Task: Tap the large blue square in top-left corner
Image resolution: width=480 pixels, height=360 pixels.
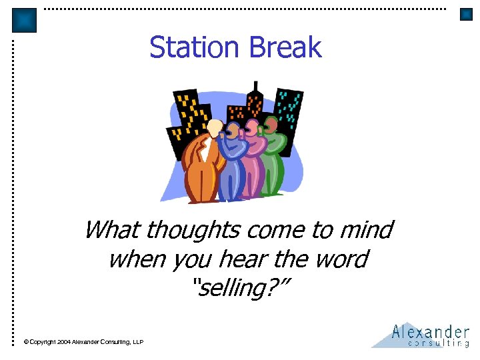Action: click(x=25, y=21)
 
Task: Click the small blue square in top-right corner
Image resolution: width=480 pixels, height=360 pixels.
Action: click(x=466, y=15)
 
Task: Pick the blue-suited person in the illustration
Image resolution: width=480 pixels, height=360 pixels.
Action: click(x=231, y=167)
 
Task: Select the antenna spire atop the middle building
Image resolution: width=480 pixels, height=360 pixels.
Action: click(x=254, y=87)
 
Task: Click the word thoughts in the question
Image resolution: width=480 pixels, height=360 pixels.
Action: click(x=193, y=230)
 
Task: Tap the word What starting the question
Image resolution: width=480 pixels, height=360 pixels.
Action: click(x=112, y=230)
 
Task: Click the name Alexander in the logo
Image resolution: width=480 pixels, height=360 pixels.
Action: click(x=431, y=331)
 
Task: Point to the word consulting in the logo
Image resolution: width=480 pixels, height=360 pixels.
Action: click(x=438, y=343)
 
